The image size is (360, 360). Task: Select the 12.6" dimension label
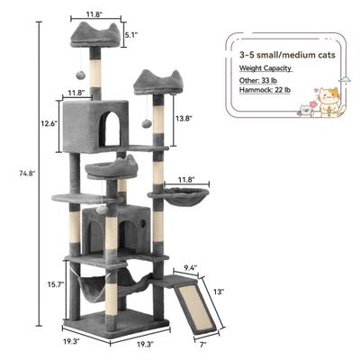50,123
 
